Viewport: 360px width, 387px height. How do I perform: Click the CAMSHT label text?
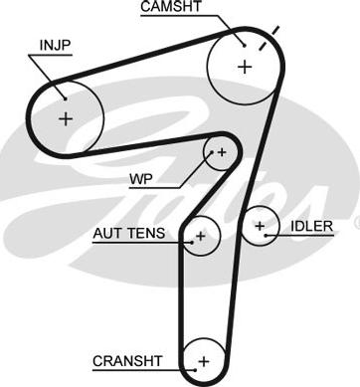point(171,7)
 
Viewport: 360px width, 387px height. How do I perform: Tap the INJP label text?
point(55,46)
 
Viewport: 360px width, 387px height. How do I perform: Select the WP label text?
point(141,179)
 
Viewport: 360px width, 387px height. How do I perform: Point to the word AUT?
point(107,233)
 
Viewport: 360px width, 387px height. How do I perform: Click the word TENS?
point(146,233)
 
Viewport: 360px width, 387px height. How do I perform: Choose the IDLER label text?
point(311,226)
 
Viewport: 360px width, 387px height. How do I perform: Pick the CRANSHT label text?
point(127,361)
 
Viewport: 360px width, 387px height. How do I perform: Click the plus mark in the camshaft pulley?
point(245,67)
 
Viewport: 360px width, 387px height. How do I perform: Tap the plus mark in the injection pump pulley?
point(66,118)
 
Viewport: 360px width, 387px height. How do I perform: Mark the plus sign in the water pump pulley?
point(222,152)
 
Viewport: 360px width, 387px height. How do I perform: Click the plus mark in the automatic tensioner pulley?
point(201,236)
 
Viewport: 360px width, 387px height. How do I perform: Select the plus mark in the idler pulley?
point(260,226)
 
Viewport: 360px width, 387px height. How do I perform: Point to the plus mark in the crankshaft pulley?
point(204,361)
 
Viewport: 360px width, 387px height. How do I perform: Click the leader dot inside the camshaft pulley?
point(245,46)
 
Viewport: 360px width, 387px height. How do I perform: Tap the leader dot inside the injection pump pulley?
point(66,98)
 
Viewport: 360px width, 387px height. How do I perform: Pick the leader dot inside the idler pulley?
point(266,236)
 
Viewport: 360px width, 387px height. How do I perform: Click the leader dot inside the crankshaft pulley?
point(196,370)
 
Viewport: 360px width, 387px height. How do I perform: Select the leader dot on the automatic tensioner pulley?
point(192,243)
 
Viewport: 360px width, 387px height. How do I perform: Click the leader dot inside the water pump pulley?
point(213,152)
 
